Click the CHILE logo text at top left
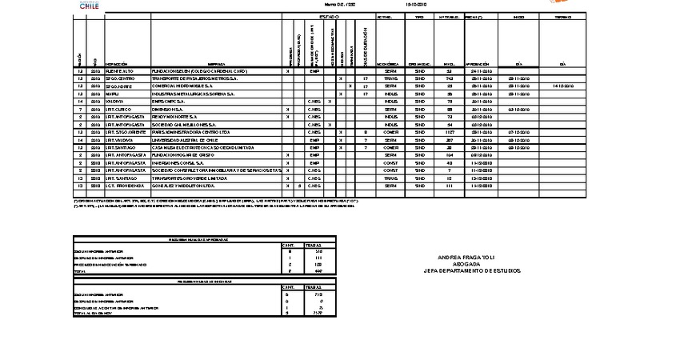[x=90, y=5]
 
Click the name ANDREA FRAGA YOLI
[x=468, y=258]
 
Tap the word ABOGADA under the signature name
[x=468, y=264]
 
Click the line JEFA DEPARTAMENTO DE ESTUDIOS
[x=468, y=271]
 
